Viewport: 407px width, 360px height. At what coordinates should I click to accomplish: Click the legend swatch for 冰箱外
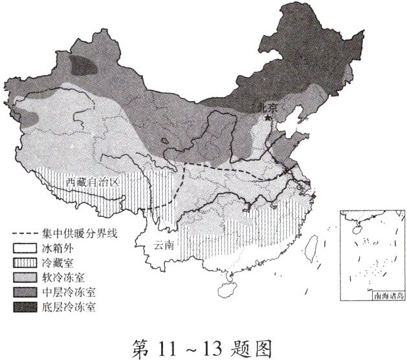pos(24,247)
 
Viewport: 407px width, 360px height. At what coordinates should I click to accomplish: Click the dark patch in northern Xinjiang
pos(84,65)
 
